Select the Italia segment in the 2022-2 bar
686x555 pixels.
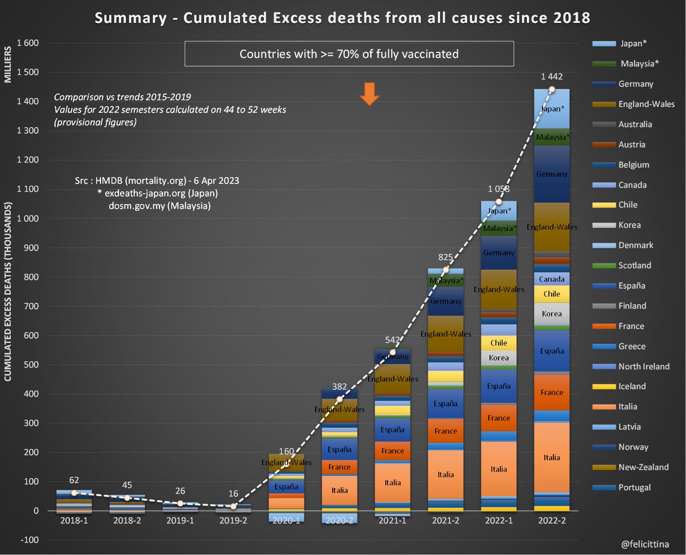point(552,457)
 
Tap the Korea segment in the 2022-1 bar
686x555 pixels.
point(498,358)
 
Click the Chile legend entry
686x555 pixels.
point(627,205)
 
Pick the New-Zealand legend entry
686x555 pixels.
point(643,468)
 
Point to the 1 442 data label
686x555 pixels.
point(551,77)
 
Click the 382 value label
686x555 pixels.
point(340,386)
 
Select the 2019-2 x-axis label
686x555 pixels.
point(233,521)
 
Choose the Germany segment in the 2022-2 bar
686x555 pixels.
point(552,174)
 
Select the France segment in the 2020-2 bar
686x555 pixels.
point(340,467)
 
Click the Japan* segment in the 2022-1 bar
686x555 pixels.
point(498,210)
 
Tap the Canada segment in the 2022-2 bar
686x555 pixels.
point(552,279)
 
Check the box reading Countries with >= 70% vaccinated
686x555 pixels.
point(349,54)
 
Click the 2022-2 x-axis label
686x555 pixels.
point(551,521)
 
